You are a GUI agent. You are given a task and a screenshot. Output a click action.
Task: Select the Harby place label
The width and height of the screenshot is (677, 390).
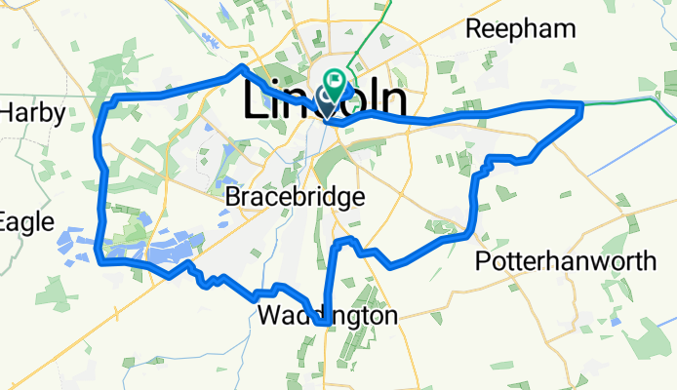click(x=31, y=114)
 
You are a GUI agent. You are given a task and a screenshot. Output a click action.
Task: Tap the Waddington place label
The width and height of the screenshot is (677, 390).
click(x=328, y=316)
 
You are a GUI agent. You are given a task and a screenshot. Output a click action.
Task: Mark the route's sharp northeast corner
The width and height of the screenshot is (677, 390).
click(x=582, y=104)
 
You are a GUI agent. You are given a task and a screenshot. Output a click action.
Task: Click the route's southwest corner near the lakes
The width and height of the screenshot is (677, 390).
click(x=101, y=261)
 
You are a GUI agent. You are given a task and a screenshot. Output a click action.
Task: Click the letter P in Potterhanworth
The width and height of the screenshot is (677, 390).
click(x=483, y=260)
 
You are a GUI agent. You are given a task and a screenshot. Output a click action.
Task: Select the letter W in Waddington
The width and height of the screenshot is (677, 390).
click(x=269, y=316)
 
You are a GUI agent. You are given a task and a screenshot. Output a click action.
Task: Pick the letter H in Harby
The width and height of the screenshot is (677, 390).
click(x=8, y=114)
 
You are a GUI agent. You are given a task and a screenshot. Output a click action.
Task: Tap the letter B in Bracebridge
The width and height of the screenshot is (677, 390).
click(x=233, y=197)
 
